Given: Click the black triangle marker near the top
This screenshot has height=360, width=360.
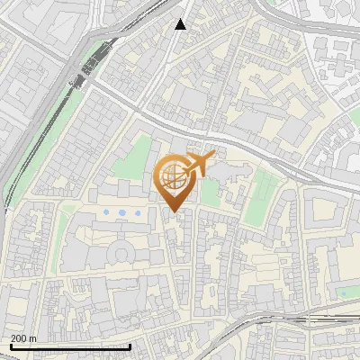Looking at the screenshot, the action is [x=181, y=24].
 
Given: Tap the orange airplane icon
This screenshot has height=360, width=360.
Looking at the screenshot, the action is [x=200, y=164].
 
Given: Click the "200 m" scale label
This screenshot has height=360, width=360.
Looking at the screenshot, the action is [x=24, y=338].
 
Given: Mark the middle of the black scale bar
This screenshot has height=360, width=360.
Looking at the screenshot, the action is [x=70, y=346].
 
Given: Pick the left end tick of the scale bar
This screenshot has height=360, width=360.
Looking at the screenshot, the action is [x=11, y=346].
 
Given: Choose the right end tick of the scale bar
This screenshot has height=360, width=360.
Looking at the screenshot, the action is [x=130, y=346].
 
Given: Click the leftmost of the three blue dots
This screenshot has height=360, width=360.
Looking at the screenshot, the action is [x=107, y=212].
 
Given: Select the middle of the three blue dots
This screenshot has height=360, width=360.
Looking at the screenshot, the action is [x=122, y=212].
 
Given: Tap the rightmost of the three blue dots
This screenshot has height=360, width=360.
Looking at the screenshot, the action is [x=138, y=212].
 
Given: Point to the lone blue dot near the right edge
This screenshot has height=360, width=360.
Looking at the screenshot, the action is [x=342, y=292].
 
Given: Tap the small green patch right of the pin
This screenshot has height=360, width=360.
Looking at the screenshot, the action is [x=210, y=192].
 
